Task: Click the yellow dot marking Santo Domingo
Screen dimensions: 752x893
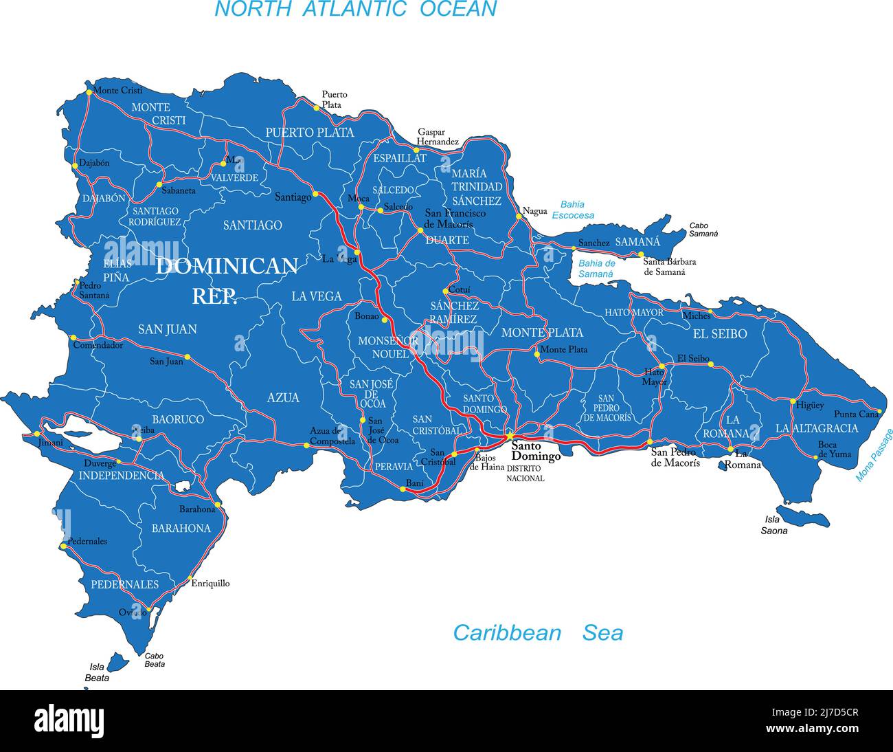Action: click(x=510, y=436)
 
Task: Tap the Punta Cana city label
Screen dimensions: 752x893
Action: click(x=856, y=414)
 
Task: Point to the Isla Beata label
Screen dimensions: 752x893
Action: click(x=97, y=672)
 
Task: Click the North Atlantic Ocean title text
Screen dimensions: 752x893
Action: click(x=355, y=9)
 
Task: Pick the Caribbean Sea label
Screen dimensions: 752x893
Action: click(x=537, y=632)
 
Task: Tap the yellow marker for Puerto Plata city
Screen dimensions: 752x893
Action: click(x=317, y=108)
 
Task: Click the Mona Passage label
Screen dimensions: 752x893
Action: click(x=874, y=455)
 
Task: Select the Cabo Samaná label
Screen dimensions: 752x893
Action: click(x=703, y=230)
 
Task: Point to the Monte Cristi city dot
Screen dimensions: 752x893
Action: click(x=89, y=91)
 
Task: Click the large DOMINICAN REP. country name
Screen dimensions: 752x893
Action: click(x=227, y=280)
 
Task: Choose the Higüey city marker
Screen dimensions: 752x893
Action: click(x=793, y=401)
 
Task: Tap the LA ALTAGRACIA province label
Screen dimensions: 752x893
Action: click(x=817, y=428)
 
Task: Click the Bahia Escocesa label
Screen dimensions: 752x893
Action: click(x=573, y=210)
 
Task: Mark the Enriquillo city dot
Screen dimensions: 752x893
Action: click(x=187, y=583)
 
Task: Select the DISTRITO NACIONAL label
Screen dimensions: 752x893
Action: click(x=525, y=473)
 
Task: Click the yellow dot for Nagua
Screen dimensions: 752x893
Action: click(x=519, y=216)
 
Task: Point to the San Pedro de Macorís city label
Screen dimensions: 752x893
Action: click(x=675, y=458)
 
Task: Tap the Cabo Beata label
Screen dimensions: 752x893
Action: click(x=155, y=660)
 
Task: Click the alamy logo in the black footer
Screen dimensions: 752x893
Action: click(x=69, y=721)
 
